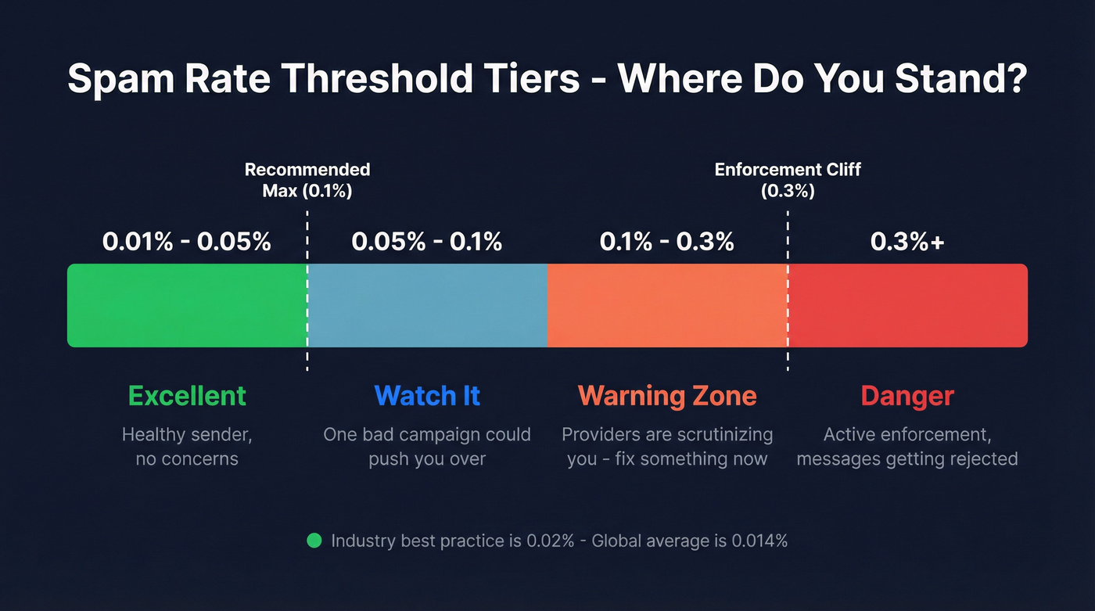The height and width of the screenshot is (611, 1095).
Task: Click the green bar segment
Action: pyautogui.click(x=187, y=305)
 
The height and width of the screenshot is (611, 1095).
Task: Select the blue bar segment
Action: pyautogui.click(x=427, y=305)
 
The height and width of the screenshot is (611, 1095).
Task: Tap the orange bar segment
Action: pyautogui.click(x=667, y=305)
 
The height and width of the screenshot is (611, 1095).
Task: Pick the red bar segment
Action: pyautogui.click(x=907, y=305)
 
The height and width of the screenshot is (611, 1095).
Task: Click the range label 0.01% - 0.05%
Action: pyautogui.click(x=187, y=242)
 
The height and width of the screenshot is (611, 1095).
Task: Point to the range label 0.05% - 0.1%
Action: pyautogui.click(x=427, y=242)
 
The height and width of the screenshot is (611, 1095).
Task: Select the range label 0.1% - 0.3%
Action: pyautogui.click(x=667, y=242)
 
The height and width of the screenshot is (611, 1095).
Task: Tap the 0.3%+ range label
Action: pyautogui.click(x=907, y=242)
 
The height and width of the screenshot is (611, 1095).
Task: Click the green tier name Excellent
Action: pyautogui.click(x=187, y=396)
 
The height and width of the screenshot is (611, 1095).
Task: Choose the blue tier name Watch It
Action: pyautogui.click(x=427, y=396)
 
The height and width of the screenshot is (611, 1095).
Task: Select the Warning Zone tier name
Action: pyautogui.click(x=667, y=396)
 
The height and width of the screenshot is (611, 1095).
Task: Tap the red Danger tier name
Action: pyautogui.click(x=907, y=396)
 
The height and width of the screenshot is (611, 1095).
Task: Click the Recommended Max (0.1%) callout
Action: pyautogui.click(x=307, y=180)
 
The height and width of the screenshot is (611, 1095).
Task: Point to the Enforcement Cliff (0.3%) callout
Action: pyautogui.click(x=788, y=180)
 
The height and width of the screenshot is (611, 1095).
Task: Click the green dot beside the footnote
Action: pyautogui.click(x=314, y=541)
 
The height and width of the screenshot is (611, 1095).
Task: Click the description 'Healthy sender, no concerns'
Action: pyautogui.click(x=187, y=446)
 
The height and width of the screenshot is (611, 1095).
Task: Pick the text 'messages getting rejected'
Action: pyautogui.click(x=907, y=458)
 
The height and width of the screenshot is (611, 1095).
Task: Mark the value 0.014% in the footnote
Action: pyautogui.click(x=759, y=541)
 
